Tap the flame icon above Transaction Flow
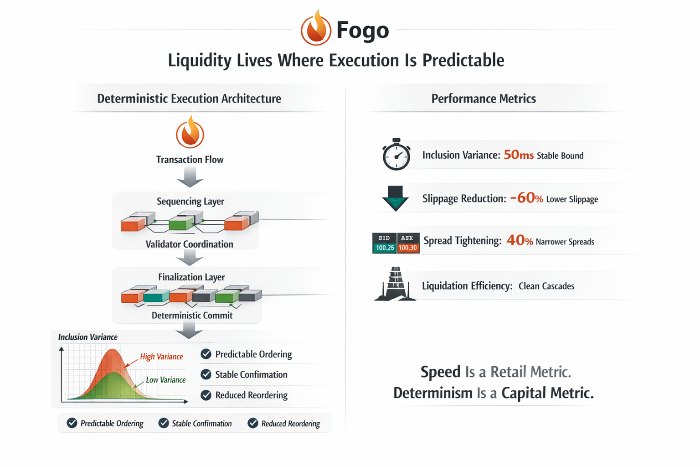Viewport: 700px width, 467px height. pos(190,133)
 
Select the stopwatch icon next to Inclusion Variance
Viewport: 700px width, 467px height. pos(396,155)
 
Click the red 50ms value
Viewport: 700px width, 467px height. pos(519,155)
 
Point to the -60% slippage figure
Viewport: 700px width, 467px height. pos(526,198)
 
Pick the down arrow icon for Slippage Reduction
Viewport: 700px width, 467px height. pos(395,198)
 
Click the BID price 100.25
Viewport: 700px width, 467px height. pos(385,248)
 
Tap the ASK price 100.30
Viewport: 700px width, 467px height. pos(408,248)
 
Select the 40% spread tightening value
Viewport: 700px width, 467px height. pos(520,240)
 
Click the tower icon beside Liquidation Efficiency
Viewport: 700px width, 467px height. pos(395,284)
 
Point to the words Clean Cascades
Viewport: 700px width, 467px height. pos(546,286)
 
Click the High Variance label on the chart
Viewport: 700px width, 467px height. pos(161,357)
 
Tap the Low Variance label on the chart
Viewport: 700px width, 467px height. pos(165,380)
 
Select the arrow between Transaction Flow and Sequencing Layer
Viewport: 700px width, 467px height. pos(190,177)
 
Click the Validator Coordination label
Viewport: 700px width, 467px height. pos(189,244)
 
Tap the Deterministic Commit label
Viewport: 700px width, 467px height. pos(192,316)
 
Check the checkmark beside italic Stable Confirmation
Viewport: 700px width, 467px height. pos(164,423)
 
